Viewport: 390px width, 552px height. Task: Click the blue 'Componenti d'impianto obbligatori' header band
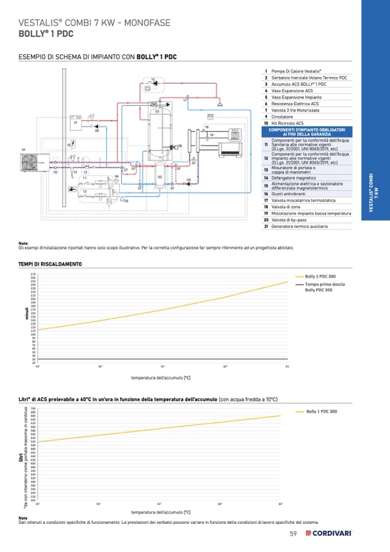coord(307,131)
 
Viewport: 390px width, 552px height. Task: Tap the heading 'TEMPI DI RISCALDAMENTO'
coord(50,264)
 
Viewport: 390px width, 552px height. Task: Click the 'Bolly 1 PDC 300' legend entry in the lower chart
coord(322,412)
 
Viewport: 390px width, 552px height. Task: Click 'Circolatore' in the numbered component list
coord(282,117)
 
